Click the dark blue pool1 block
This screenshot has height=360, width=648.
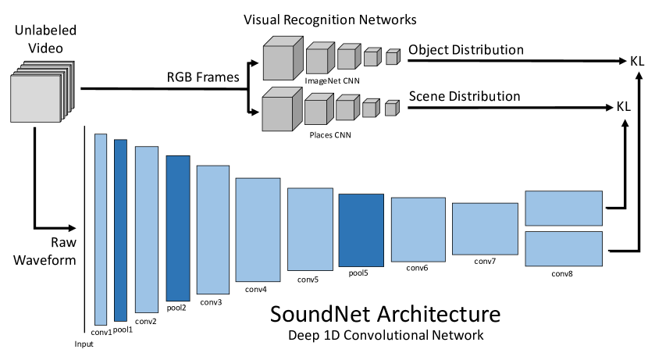pyautogui.click(x=120, y=230)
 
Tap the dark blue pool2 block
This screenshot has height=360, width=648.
pyautogui.click(x=178, y=228)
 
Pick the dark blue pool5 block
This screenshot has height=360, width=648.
pyautogui.click(x=361, y=230)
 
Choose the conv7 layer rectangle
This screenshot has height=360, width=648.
pyautogui.click(x=485, y=228)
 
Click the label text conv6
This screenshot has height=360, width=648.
pyautogui.click(x=418, y=268)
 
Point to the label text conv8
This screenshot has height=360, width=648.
pyautogui.click(x=563, y=273)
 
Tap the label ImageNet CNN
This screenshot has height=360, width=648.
pyautogui.click(x=326, y=80)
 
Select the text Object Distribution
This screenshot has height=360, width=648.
pyautogui.click(x=466, y=51)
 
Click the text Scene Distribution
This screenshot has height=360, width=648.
pyautogui.click(x=465, y=97)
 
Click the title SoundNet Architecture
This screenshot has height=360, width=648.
pyautogui.click(x=385, y=315)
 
